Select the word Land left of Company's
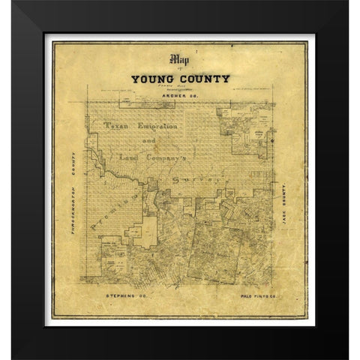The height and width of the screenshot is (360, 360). (x=131, y=158)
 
